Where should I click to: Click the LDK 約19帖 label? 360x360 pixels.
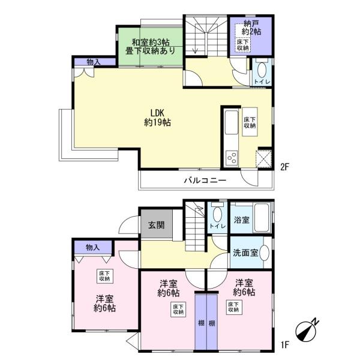tap(157, 118)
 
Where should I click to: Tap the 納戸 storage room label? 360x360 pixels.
tap(251, 23)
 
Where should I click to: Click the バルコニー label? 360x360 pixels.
tap(205, 180)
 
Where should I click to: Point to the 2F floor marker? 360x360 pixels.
tap(284, 167)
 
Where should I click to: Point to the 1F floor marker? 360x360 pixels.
tap(284, 344)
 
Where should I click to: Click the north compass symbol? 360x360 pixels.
tap(307, 330)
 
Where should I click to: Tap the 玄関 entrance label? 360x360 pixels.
tap(157, 225)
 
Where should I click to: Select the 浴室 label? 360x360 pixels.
tap(242, 220)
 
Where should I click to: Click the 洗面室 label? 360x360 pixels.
tap(245, 253)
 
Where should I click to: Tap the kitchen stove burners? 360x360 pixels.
tap(232, 158)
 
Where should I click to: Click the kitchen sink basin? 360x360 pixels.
tap(232, 122)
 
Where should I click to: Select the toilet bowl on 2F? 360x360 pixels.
tap(262, 70)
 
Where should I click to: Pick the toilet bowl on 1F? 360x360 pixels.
tap(217, 214)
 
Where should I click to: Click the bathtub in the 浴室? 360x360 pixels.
tap(262, 217)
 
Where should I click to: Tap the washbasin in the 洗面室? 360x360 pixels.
tap(265, 253)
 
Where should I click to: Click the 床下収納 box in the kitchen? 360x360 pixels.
tap(250, 122)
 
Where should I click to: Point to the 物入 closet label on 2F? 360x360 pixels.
tap(94, 62)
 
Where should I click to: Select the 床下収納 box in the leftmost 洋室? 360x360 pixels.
tap(104, 276)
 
